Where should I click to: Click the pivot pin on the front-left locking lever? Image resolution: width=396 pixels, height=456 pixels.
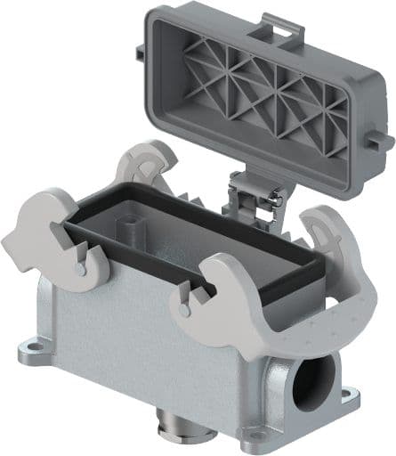82,265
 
